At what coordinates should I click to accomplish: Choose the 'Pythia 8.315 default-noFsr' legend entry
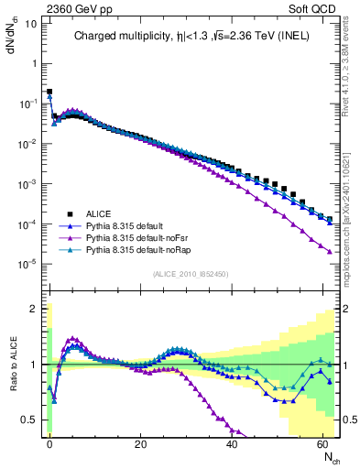pos(136,235)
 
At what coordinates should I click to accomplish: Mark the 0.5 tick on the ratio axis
pos(30,420)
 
